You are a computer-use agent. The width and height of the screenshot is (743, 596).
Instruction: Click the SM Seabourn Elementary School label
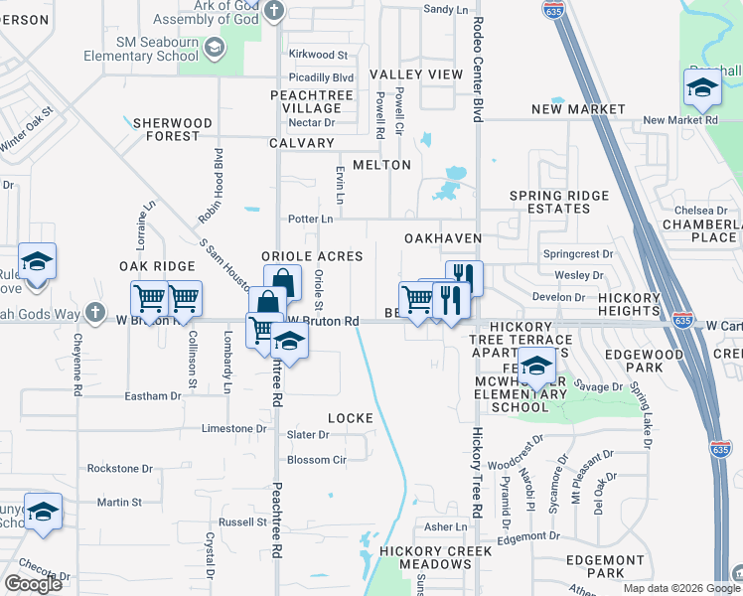157,49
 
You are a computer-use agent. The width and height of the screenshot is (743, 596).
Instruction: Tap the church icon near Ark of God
274,13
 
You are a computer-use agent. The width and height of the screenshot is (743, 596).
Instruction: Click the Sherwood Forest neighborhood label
173,129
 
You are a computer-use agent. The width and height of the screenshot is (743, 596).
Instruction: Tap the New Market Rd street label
679,120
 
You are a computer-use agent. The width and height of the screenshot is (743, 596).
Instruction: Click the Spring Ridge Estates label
558,202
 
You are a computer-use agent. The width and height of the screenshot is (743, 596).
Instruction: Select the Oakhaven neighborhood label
442,238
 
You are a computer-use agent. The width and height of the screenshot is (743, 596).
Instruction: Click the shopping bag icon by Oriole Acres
282,281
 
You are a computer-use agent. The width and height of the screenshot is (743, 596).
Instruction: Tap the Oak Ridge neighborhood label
157,266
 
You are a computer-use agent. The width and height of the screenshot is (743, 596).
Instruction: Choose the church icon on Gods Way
94,313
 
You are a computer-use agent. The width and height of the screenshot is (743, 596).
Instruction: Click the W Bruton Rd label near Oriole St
323,321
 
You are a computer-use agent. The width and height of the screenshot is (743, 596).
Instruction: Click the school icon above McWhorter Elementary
536,367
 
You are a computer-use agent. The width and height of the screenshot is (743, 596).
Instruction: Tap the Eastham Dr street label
152,395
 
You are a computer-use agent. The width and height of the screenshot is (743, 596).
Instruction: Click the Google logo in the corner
33,584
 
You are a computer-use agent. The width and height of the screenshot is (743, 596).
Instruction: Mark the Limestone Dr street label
234,428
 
